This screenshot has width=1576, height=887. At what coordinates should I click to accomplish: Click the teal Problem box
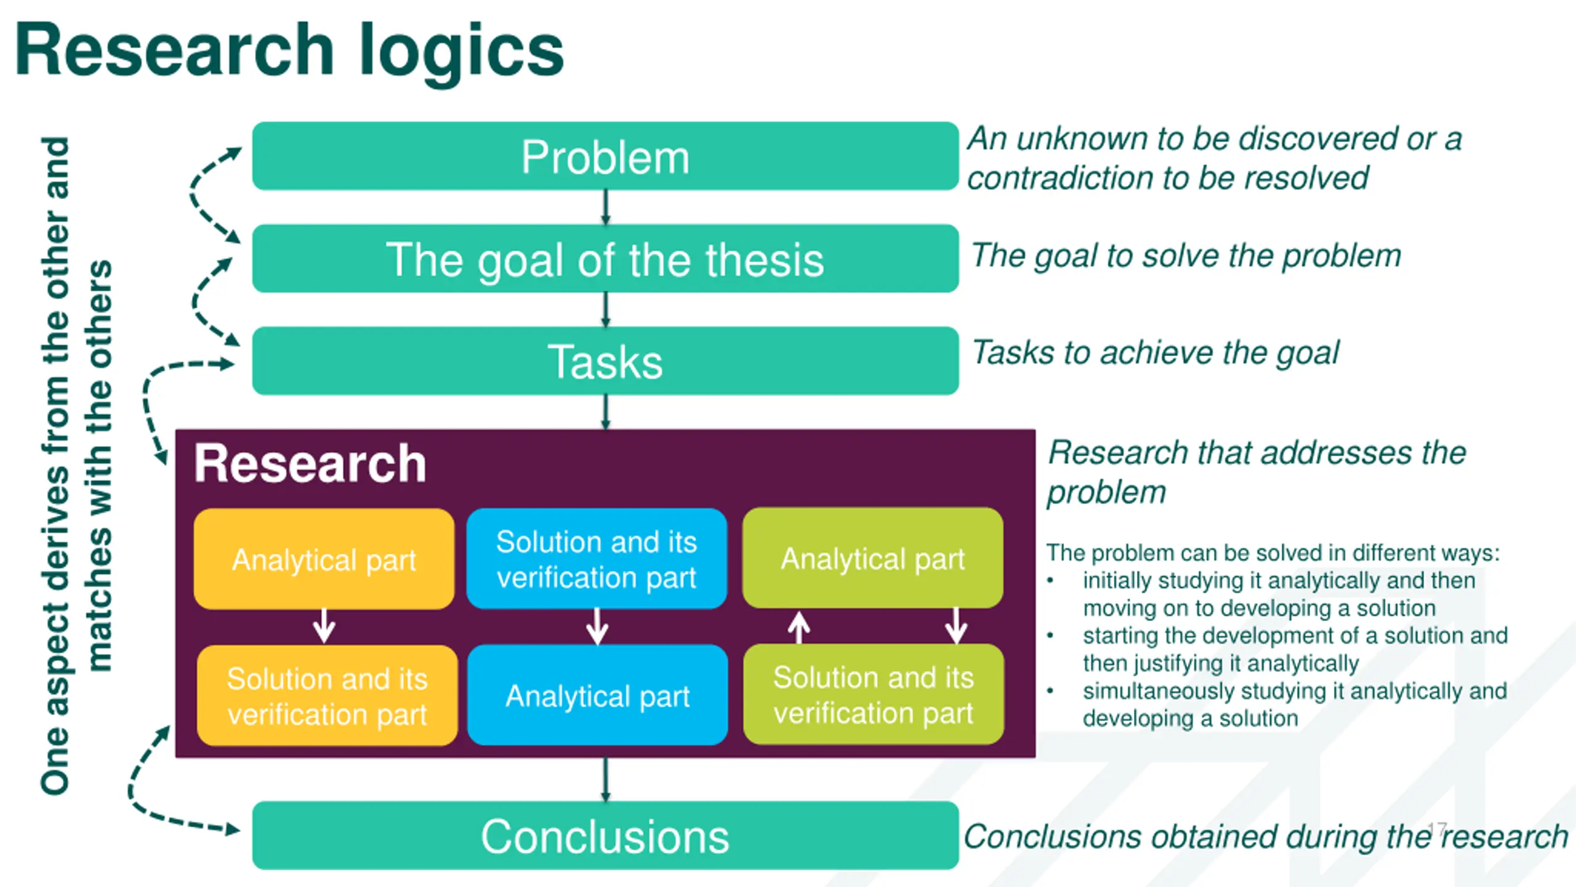coord(605,156)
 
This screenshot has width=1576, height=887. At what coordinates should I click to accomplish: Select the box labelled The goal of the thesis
coord(605,258)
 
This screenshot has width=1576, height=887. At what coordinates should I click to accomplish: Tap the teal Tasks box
coord(605,360)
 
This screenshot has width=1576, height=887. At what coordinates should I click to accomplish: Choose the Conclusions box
coord(605,835)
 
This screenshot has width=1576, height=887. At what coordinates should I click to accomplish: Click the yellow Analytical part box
coord(324,559)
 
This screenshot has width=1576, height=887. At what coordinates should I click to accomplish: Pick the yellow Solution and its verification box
coord(327,695)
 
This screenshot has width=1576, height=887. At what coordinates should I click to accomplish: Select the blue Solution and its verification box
coord(597,559)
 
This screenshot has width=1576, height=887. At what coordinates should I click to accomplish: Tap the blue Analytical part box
coord(597,695)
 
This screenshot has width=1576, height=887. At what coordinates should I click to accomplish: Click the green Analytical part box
coord(872,558)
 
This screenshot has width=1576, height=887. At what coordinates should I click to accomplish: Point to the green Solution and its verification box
coord(874,694)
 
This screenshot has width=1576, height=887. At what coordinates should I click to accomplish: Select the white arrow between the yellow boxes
coord(324,626)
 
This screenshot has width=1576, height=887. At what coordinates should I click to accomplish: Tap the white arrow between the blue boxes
coord(597,626)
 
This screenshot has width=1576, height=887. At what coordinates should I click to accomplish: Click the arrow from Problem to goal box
coord(605,208)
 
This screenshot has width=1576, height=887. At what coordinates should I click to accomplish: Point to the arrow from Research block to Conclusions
coord(605,780)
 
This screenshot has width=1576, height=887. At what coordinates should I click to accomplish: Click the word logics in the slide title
coord(461,52)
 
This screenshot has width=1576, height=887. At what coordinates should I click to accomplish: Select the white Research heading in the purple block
coord(310,463)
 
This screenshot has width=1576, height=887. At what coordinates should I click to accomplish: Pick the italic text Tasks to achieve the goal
coord(1155,354)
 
